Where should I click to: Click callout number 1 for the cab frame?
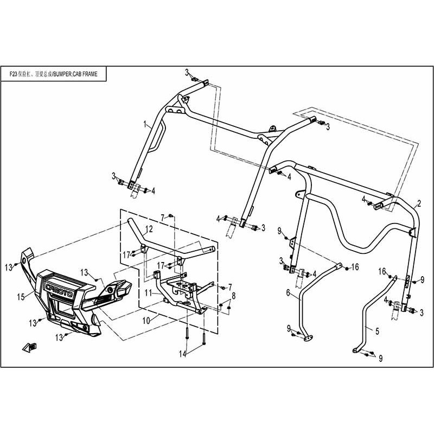coord(145,125)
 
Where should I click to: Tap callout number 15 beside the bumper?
coord(21,296)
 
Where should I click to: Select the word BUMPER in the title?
coord(60,74)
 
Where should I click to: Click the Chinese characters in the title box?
coord(33,74)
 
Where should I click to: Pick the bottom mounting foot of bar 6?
coord(308,337)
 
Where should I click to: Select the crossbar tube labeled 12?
coord(168,244)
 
